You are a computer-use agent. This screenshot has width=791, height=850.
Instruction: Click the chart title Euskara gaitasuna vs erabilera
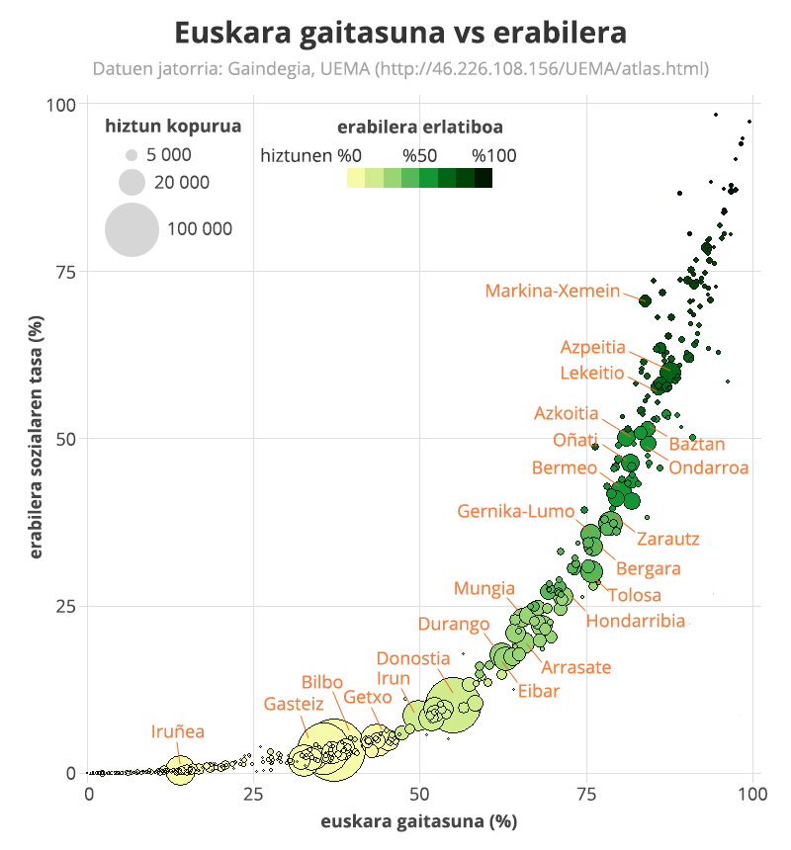point(400,33)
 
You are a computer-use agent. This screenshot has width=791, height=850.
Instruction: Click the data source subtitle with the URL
point(400,69)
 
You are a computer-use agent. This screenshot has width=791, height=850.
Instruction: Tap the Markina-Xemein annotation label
point(553,291)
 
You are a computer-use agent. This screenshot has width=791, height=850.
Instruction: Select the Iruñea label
point(178,731)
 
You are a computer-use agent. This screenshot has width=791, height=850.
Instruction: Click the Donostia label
point(413,658)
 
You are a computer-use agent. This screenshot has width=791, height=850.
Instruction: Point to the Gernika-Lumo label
point(515,511)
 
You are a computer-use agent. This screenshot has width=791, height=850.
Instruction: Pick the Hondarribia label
point(636,621)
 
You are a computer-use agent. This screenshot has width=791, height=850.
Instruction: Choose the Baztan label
point(697,445)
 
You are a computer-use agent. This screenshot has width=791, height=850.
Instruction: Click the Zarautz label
point(668,539)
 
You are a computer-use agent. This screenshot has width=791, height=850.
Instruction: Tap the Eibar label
point(539,691)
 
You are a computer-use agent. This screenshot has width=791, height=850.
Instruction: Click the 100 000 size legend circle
point(132,229)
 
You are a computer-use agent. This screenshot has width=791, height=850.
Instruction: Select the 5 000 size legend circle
point(131,155)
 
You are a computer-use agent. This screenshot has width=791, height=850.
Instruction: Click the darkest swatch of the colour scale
point(483,178)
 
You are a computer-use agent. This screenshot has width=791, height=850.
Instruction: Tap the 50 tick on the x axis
point(419,794)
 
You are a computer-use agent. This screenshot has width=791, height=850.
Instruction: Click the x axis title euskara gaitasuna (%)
point(418,822)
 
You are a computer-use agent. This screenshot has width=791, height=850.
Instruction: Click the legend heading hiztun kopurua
point(173,127)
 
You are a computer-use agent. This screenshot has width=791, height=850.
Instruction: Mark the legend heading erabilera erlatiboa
point(419,127)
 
